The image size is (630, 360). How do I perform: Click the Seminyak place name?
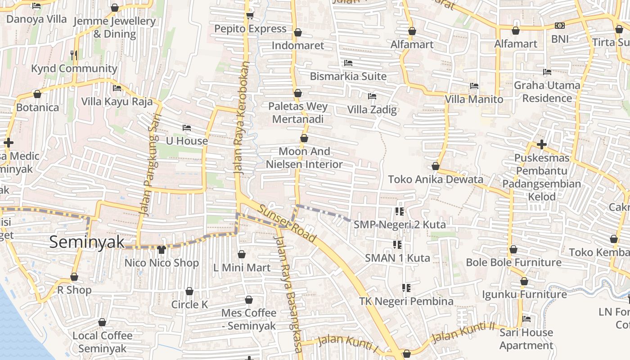tap(87, 242)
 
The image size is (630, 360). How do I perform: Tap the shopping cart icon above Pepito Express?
tap(250, 16)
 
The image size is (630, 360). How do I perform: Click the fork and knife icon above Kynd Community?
tap(74, 55)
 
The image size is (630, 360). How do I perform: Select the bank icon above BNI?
tap(560, 26)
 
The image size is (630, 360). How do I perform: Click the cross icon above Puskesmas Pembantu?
tap(542, 144)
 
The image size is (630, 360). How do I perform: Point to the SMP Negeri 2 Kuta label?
tap(400, 224)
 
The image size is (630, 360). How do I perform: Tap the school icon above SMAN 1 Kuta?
tap(397, 244)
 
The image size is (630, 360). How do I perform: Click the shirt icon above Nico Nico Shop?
tap(162, 249)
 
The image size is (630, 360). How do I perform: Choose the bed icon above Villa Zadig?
tap(372, 96)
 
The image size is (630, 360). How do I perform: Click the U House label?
tap(187, 141)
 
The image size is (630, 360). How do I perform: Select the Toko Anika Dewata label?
tap(435, 179)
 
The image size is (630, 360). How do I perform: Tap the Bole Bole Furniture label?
tap(513, 262)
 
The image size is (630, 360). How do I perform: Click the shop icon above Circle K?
tap(189, 291)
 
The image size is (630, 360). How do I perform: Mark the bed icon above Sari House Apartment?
tap(526, 319)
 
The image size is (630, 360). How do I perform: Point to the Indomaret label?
tap(297, 45)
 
